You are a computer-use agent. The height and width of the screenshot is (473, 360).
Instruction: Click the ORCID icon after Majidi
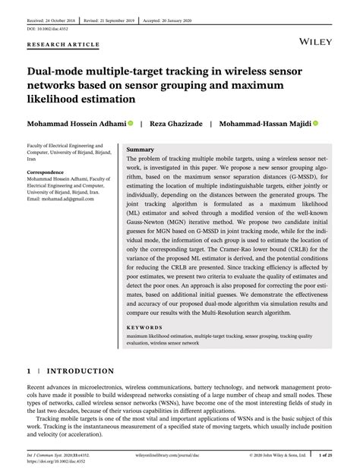click(315, 122)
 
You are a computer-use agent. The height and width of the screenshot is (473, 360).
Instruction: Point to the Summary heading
click(141, 150)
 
